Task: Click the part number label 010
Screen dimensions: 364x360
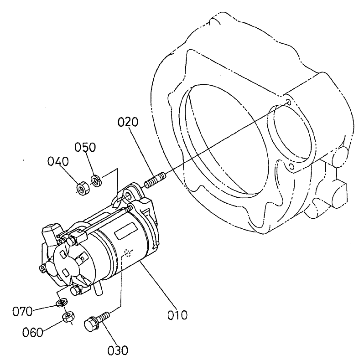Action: tap(177, 314)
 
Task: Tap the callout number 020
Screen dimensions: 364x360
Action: tap(128, 122)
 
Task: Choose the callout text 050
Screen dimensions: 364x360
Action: tap(85, 147)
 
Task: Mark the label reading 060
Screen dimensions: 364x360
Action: tap(32, 332)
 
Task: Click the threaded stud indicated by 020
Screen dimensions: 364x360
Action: tap(154, 180)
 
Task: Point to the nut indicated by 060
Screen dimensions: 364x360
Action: tap(68, 316)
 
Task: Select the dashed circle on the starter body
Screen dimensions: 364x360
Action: tap(130, 253)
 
